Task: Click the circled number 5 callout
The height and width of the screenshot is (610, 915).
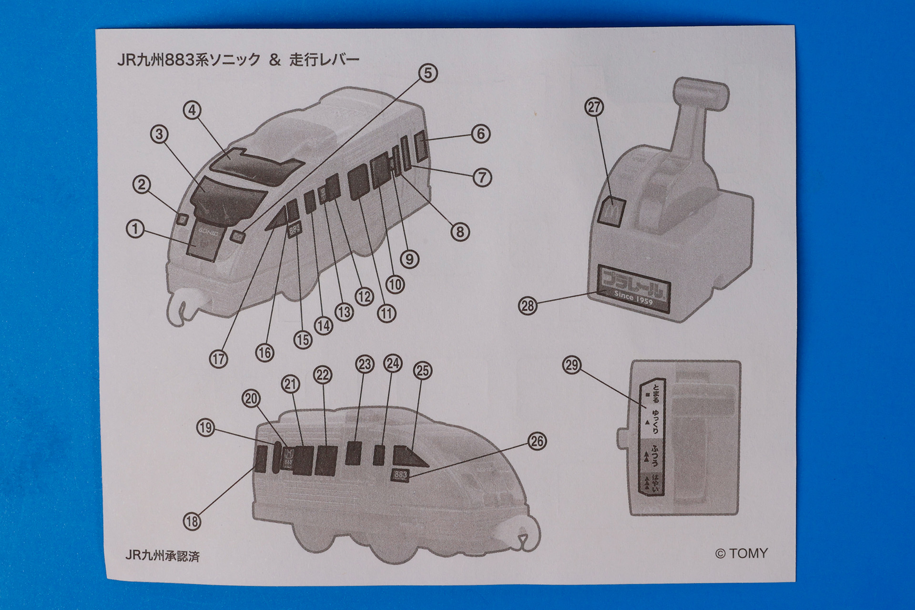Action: (427, 73)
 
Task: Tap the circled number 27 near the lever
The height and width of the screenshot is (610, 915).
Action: (594, 107)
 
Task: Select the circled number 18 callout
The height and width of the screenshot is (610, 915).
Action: (192, 521)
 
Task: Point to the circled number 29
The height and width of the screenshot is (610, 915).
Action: (572, 366)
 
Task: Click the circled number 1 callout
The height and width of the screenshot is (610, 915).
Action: (135, 229)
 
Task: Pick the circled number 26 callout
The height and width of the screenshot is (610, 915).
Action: (537, 441)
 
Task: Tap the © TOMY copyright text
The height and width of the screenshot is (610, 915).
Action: (742, 553)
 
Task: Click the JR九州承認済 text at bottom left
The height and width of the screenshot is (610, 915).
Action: (162, 556)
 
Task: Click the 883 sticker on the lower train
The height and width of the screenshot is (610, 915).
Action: (400, 475)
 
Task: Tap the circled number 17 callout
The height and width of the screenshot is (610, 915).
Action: (218, 359)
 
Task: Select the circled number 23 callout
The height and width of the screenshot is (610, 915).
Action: (365, 365)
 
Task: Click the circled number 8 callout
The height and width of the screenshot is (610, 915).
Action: (460, 232)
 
